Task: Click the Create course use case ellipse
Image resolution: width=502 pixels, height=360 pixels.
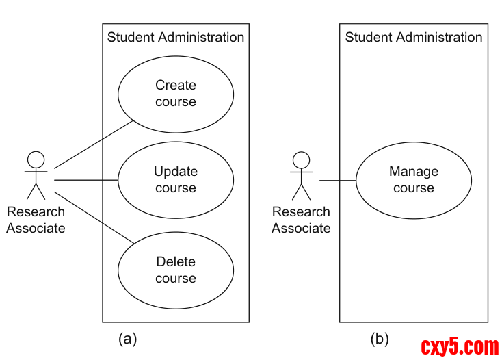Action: pos(176,94)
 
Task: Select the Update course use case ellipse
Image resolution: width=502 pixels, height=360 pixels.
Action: pos(176,180)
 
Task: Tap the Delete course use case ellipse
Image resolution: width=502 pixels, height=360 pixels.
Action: pos(176,270)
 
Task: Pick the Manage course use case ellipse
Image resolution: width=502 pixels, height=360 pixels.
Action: pos(414,180)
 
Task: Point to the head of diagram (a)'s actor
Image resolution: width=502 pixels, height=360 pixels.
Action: pos(36,159)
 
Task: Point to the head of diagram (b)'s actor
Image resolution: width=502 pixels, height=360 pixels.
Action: pos(301,159)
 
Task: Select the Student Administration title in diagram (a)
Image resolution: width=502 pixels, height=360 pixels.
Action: pos(176,37)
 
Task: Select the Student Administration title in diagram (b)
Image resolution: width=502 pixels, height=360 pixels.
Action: pos(414,37)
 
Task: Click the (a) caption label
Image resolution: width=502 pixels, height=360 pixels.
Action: pos(128,338)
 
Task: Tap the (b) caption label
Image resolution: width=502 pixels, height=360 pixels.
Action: pos(380,338)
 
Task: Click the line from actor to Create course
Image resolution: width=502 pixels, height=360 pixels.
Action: pos(93,144)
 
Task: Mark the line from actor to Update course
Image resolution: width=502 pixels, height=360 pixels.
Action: pos(86,180)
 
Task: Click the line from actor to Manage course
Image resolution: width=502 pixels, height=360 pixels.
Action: pos(338,180)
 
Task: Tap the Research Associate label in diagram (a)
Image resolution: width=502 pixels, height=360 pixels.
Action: pos(36,220)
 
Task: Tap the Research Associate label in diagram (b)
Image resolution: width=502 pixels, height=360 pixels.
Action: pos(301,220)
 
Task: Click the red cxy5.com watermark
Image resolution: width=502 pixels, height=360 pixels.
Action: pos(460,346)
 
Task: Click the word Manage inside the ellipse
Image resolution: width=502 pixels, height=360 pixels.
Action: pos(414,172)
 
